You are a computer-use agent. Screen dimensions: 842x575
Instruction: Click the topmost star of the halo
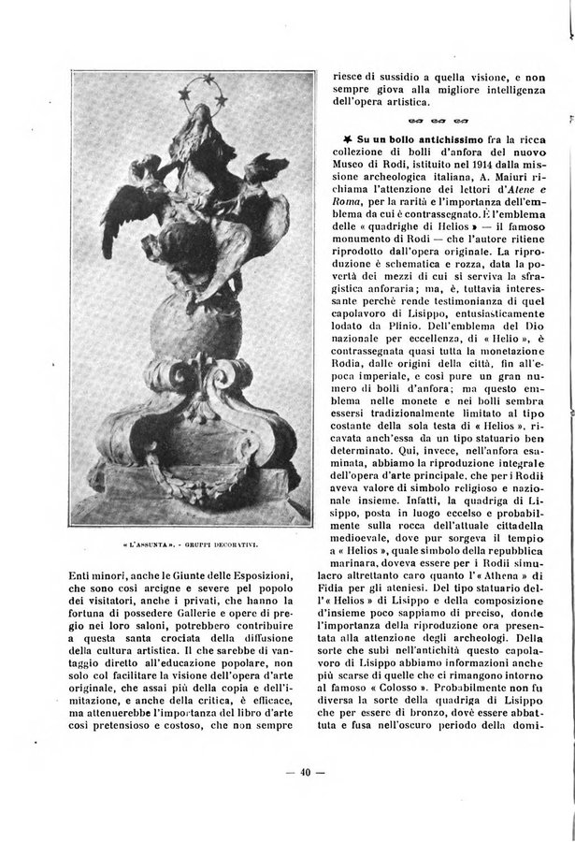(209, 78)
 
